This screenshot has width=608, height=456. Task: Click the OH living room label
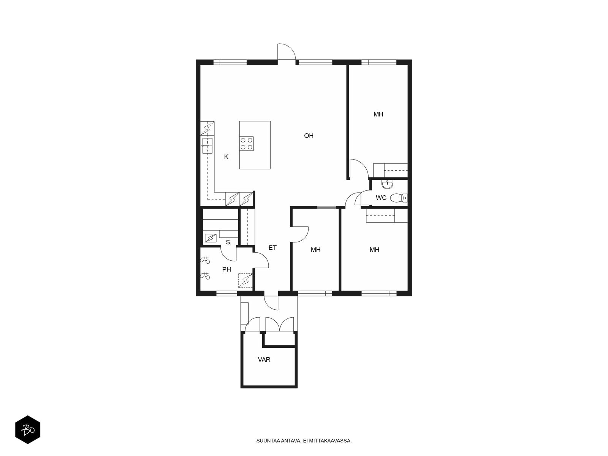click(309, 136)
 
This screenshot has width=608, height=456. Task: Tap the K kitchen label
click(226, 157)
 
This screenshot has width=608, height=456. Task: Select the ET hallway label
click(272, 248)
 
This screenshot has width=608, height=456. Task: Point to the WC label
click(381, 198)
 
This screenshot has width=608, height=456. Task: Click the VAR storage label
click(264, 359)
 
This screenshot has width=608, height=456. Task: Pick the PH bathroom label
click(226, 269)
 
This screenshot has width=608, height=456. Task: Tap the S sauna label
click(228, 242)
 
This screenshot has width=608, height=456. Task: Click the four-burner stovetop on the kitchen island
click(247, 144)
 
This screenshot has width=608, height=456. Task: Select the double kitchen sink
click(207, 146)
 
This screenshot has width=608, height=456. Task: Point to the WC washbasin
click(387, 184)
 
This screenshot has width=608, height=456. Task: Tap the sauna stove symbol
click(210, 238)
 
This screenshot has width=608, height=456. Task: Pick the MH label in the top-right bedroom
click(378, 114)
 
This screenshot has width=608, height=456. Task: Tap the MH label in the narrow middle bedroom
click(315, 250)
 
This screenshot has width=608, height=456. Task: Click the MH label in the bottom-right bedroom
click(374, 250)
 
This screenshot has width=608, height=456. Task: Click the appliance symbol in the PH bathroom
click(245, 280)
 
